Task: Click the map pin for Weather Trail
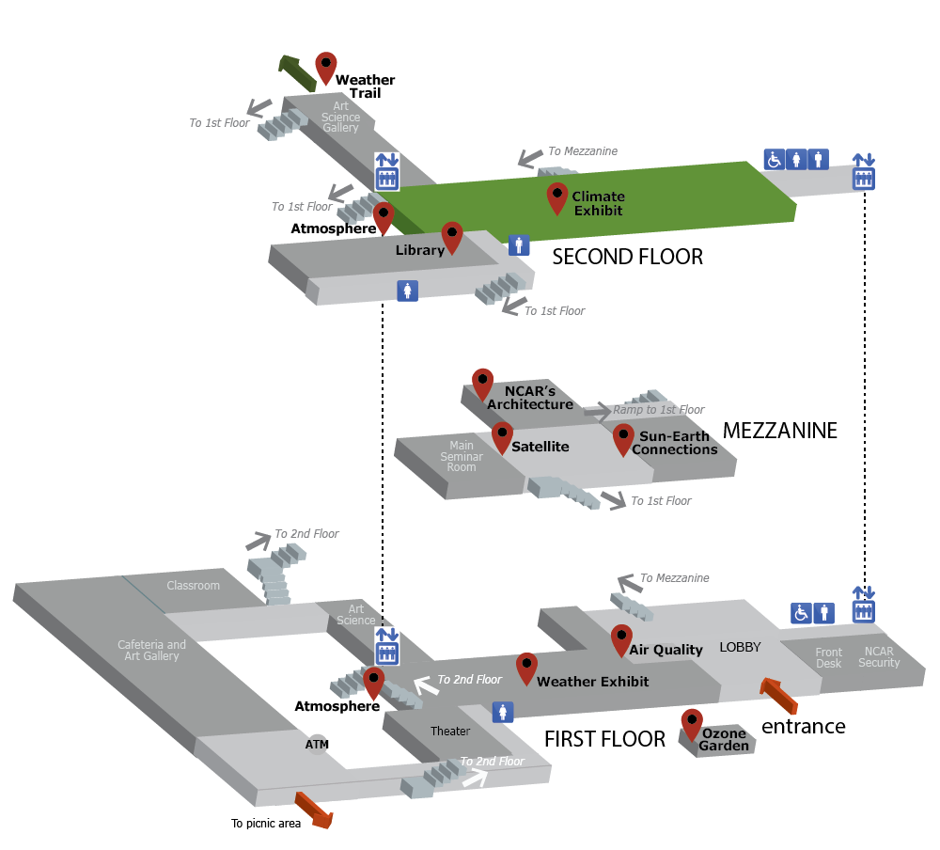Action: click(x=325, y=67)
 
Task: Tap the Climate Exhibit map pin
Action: click(x=556, y=197)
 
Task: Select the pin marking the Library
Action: click(x=451, y=237)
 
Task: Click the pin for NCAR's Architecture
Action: click(x=482, y=383)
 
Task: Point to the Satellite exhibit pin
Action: click(x=502, y=436)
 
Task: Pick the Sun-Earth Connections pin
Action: click(x=623, y=438)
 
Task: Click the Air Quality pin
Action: click(x=620, y=638)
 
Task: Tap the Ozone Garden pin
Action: click(x=692, y=723)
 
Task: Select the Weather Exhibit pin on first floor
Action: click(x=526, y=668)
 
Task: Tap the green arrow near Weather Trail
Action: click(x=293, y=70)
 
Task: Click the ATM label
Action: click(x=317, y=744)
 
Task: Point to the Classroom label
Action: click(x=193, y=586)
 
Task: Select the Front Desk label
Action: click(x=828, y=657)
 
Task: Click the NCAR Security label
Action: click(x=879, y=657)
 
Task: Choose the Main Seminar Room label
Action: click(x=461, y=456)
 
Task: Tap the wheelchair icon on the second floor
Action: click(x=774, y=160)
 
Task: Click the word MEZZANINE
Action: click(x=779, y=431)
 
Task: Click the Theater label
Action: click(x=449, y=732)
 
